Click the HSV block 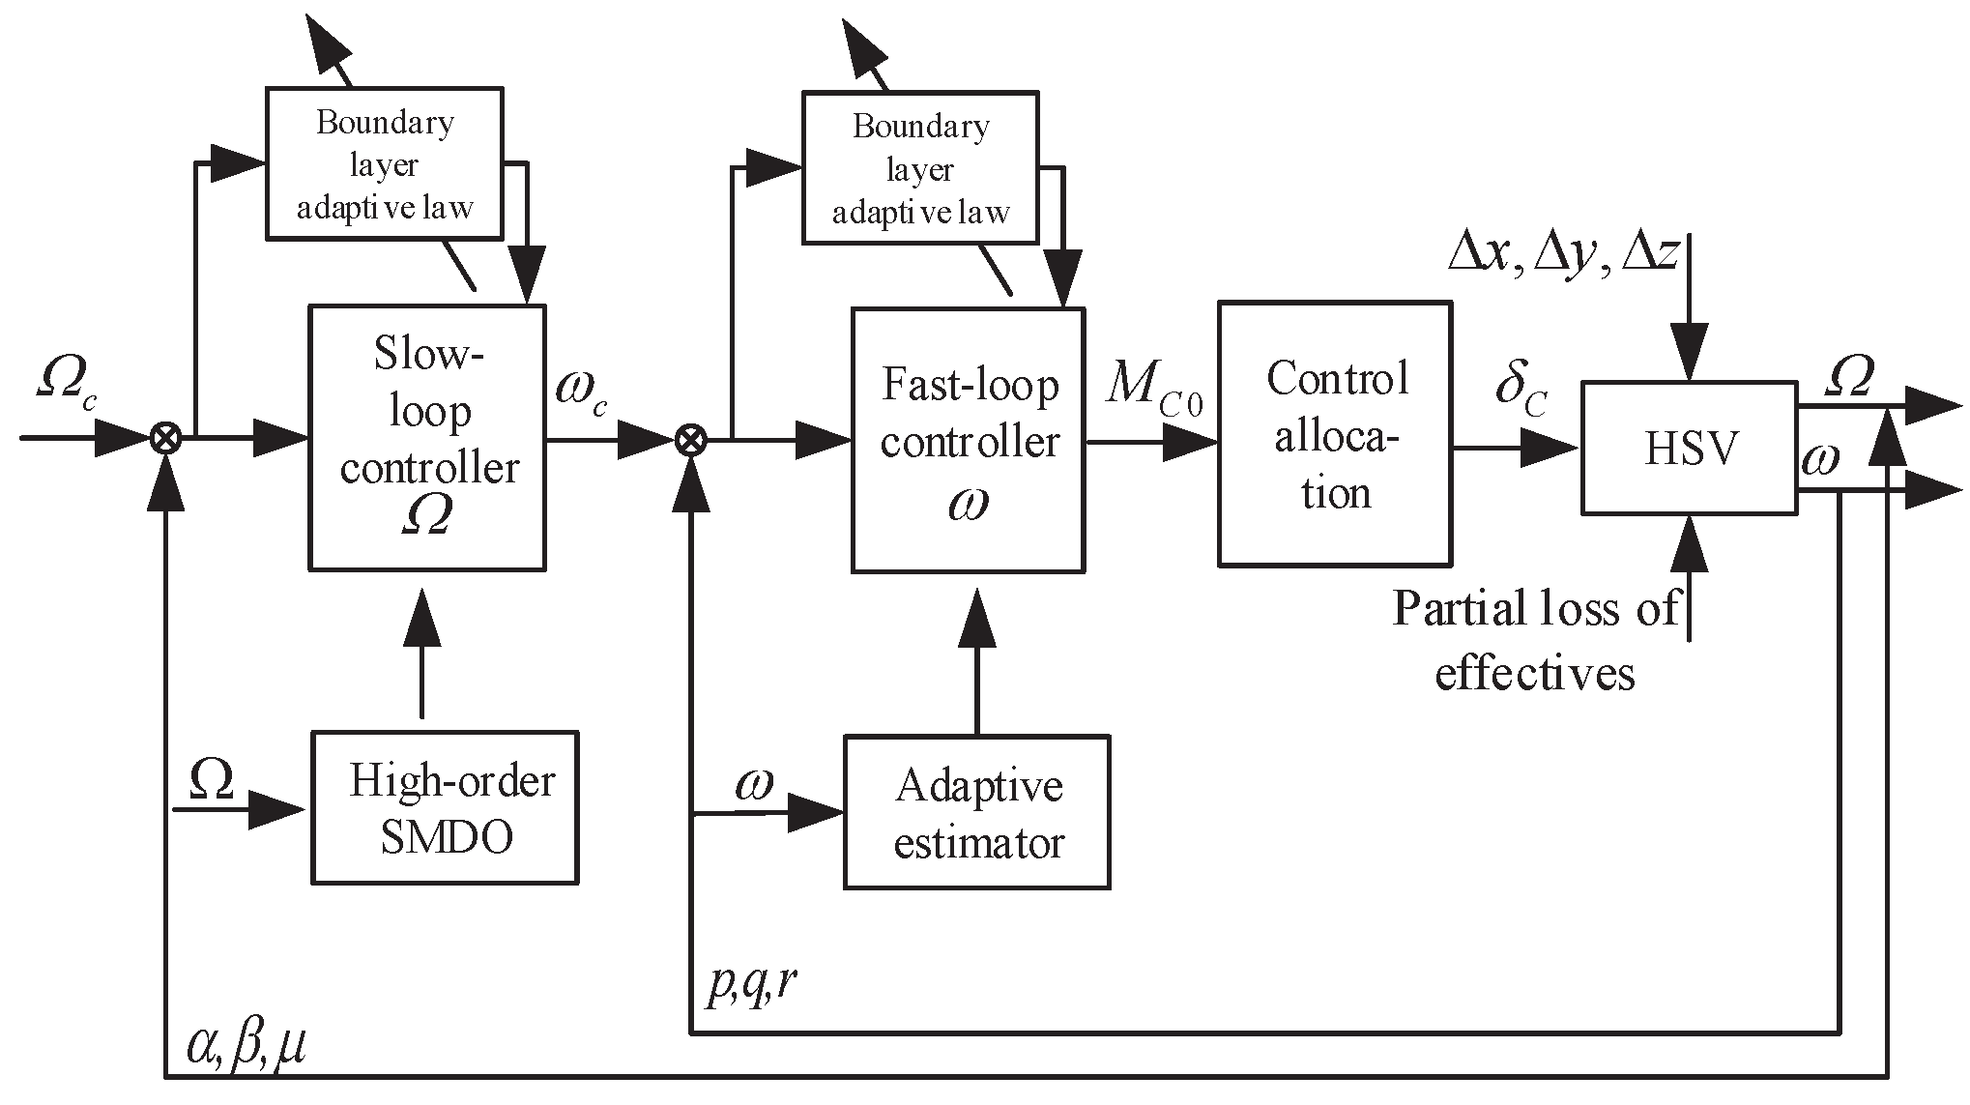[x=1689, y=448]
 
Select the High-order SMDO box [x=445, y=807]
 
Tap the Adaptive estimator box [x=976, y=812]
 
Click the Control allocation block [x=1335, y=434]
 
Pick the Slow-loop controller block [x=427, y=438]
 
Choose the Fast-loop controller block [x=968, y=441]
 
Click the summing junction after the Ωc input [x=166, y=440]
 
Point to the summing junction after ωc [x=690, y=441]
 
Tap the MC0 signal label [x=1154, y=386]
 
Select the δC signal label [x=1521, y=386]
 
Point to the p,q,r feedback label [x=752, y=984]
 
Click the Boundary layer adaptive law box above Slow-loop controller [x=384, y=163]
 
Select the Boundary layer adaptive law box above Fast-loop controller [x=920, y=168]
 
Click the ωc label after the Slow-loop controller [x=582, y=389]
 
